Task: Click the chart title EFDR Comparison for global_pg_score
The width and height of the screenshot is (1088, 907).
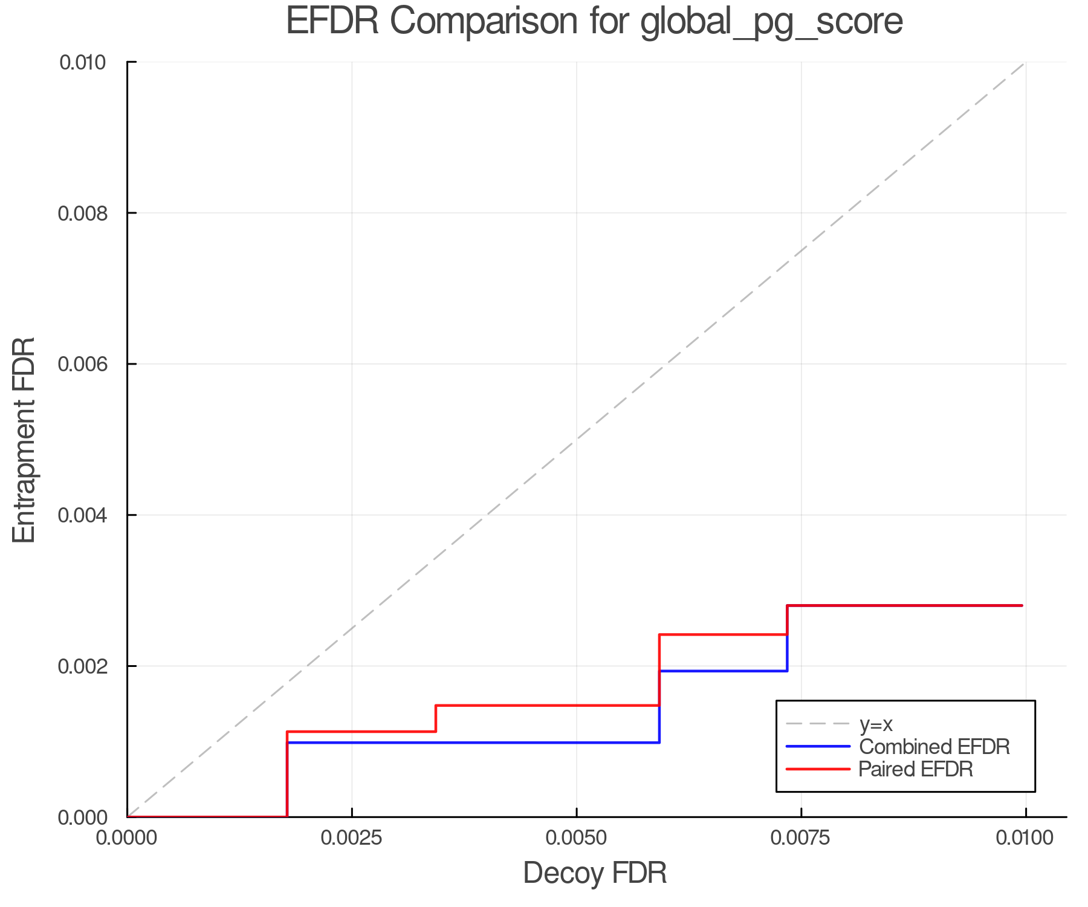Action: pyautogui.click(x=594, y=22)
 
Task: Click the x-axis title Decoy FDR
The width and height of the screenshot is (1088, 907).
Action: pyautogui.click(x=595, y=873)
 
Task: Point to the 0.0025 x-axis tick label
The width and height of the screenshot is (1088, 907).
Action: pyautogui.click(x=352, y=838)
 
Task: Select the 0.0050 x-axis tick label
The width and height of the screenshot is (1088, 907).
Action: pyautogui.click(x=577, y=838)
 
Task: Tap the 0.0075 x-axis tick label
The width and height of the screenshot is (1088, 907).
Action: pyautogui.click(x=801, y=838)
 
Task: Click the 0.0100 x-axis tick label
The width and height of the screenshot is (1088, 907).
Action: pyautogui.click(x=1025, y=838)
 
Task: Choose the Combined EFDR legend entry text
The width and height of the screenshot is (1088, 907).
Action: pyautogui.click(x=934, y=747)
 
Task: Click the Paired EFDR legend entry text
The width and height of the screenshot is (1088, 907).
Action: pyautogui.click(x=916, y=769)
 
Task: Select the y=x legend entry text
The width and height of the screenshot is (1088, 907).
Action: pyautogui.click(x=876, y=724)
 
